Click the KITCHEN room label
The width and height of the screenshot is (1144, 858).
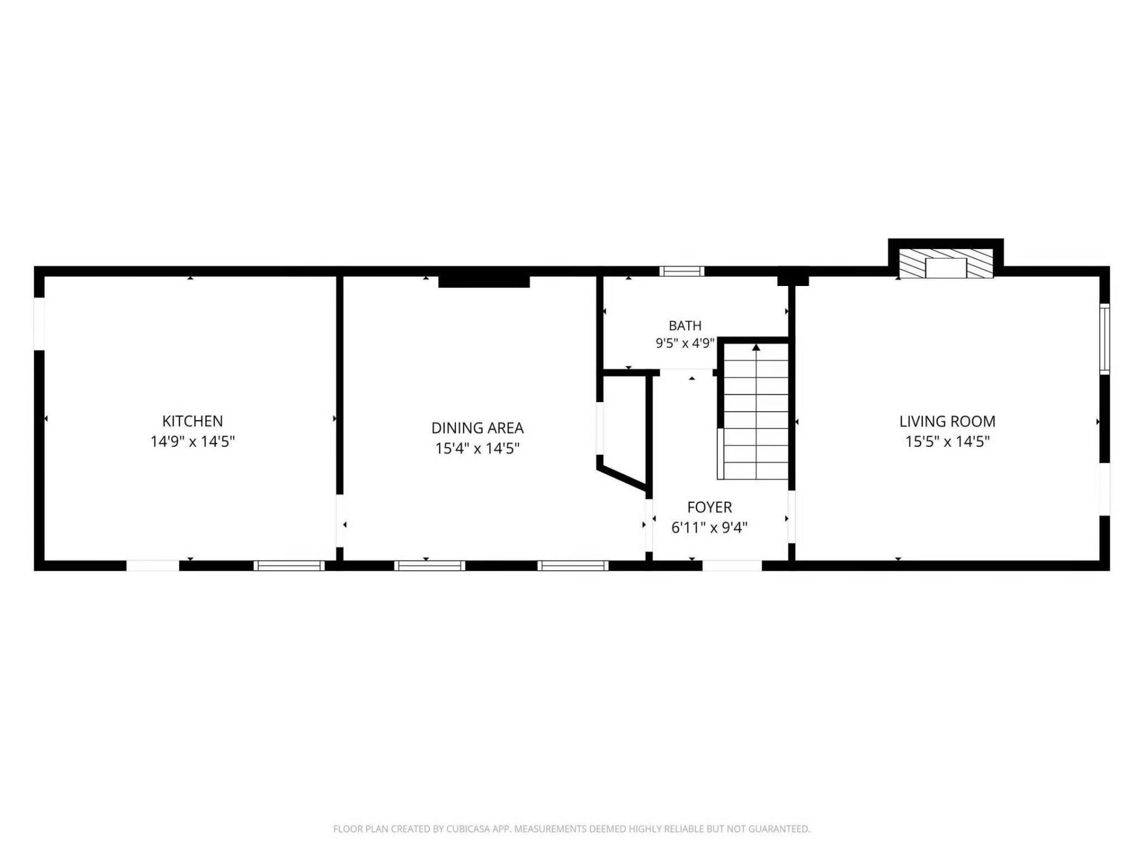click(x=192, y=421)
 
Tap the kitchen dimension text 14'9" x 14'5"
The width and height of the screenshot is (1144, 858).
click(x=192, y=442)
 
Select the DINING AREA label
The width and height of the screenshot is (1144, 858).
click(x=477, y=428)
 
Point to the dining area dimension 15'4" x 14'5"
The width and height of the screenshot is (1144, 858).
click(x=477, y=448)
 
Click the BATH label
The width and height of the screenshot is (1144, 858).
click(x=685, y=326)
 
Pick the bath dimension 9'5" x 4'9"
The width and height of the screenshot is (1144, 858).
click(x=685, y=343)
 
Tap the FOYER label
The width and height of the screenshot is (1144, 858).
click(x=710, y=507)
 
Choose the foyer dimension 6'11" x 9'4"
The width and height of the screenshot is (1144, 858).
click(x=710, y=527)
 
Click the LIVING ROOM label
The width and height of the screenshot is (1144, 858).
click(x=947, y=421)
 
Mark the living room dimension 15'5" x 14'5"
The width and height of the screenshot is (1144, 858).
click(x=947, y=442)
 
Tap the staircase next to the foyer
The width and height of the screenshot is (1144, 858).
click(x=756, y=411)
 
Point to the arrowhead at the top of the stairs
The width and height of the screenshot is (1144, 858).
click(x=756, y=347)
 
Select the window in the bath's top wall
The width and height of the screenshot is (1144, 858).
click(x=682, y=271)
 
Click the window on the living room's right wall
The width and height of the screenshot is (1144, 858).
click(x=1105, y=338)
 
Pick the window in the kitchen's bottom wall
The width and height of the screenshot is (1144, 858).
click(x=289, y=565)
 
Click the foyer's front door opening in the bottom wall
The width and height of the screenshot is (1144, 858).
click(x=732, y=565)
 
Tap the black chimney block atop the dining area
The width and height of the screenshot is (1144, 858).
click(x=484, y=281)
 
